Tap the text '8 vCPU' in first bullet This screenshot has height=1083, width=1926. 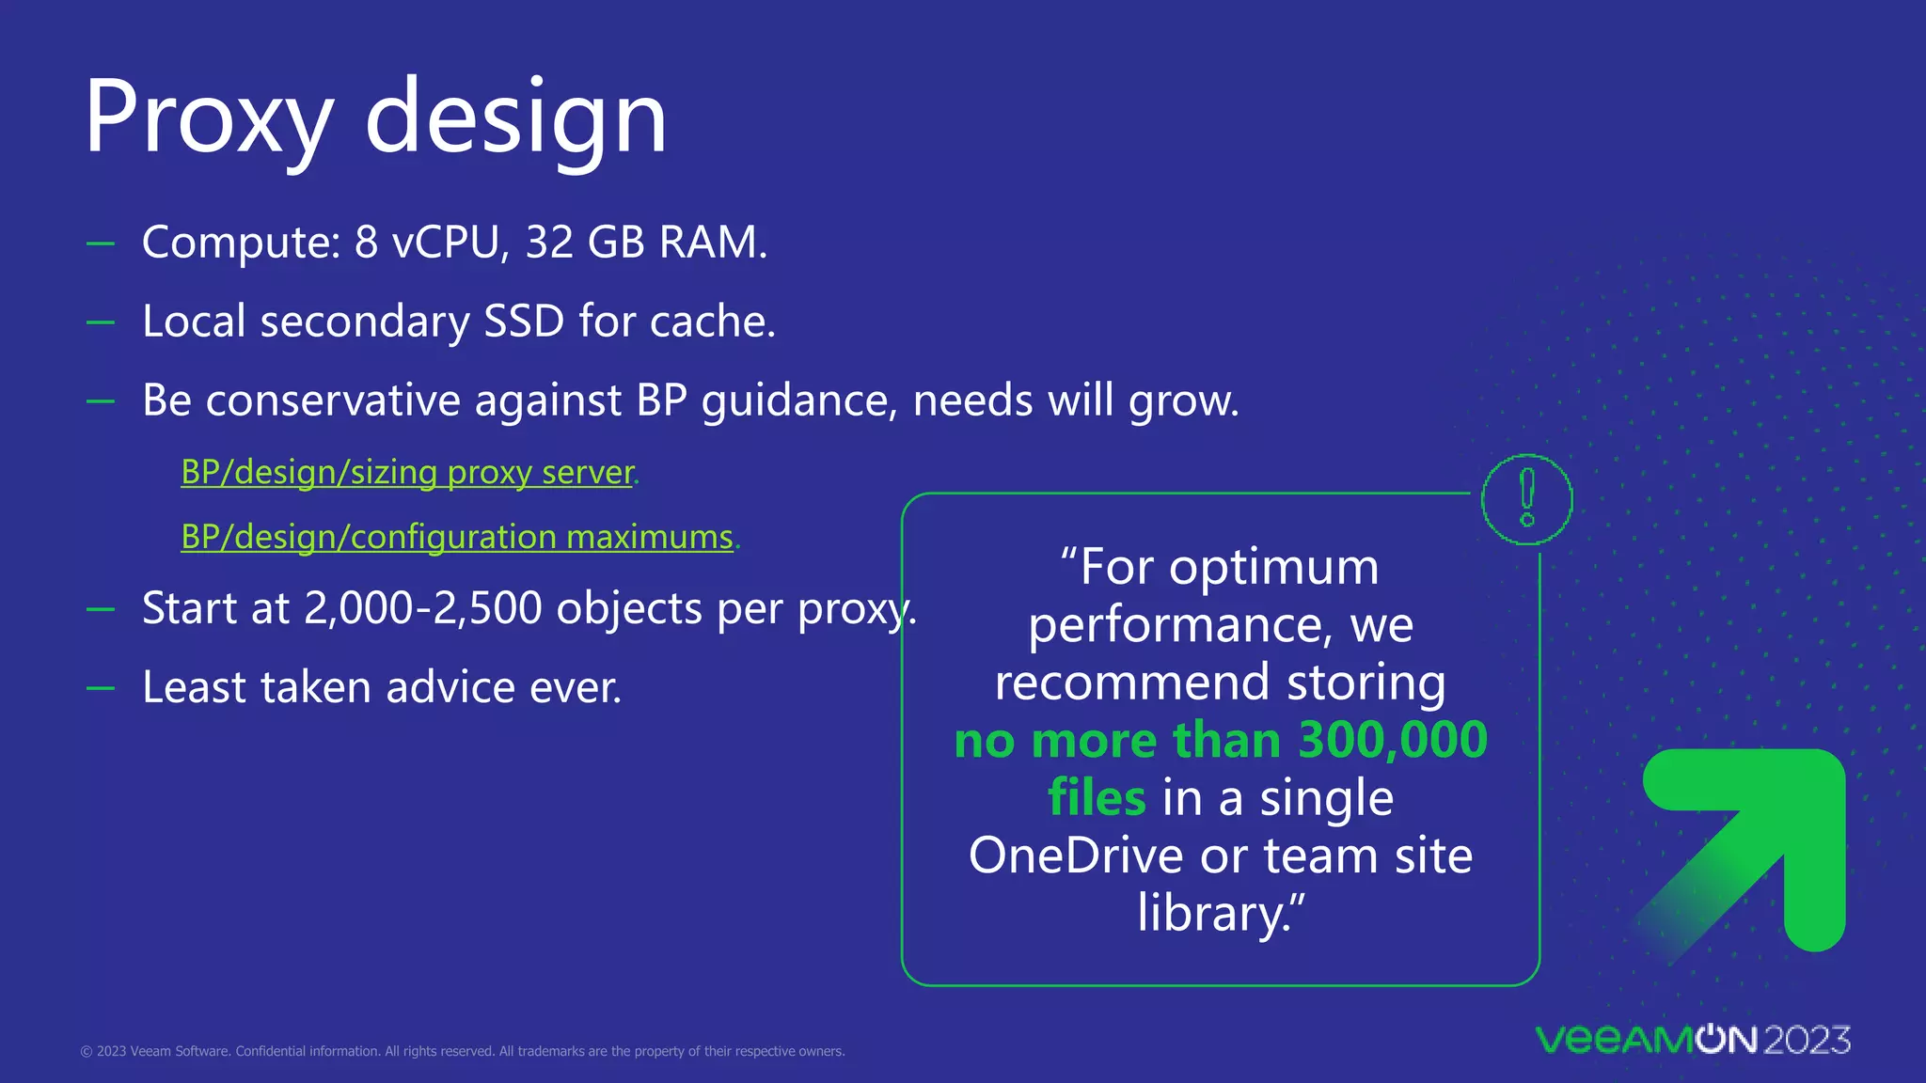(x=432, y=243)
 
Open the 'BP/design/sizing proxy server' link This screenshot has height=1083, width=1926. (x=407, y=472)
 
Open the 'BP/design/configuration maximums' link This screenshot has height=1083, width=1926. (x=457, y=537)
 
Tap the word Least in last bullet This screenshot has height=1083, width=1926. (x=195, y=687)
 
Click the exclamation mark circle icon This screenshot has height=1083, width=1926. (x=1526, y=499)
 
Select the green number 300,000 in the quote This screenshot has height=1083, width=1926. (x=1393, y=740)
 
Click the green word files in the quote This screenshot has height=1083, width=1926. (x=1097, y=798)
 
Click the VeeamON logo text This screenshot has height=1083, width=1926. (x=1646, y=1040)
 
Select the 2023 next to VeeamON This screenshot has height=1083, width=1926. (x=1807, y=1040)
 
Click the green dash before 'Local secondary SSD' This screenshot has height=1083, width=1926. (x=101, y=322)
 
